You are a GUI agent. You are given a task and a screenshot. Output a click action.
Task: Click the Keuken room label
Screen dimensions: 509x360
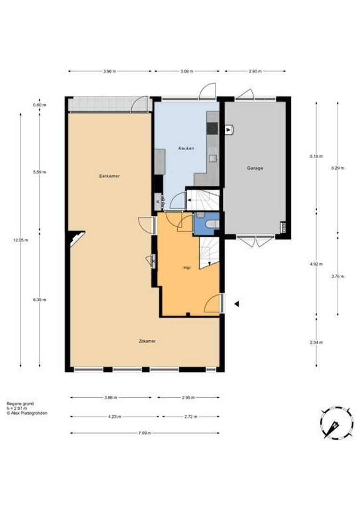[x=186, y=148]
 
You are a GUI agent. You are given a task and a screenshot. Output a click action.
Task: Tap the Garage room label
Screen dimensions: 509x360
[x=255, y=168]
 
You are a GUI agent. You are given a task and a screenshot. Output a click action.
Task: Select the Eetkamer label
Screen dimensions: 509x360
[x=109, y=176]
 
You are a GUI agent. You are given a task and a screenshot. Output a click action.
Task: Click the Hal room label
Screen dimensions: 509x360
[x=187, y=268]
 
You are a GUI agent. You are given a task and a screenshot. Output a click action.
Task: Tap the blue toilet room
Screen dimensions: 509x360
[x=206, y=223]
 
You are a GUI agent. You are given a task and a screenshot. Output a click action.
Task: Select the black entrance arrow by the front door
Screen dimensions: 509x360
[x=237, y=304]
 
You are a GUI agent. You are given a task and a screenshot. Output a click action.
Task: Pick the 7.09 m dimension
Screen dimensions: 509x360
[x=144, y=433]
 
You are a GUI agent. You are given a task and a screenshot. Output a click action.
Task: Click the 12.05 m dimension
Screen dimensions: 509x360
[x=20, y=240]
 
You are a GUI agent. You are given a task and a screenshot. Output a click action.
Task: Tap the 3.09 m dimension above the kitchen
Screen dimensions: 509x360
[x=187, y=71]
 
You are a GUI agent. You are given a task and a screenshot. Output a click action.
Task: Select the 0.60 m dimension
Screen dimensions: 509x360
[x=40, y=105]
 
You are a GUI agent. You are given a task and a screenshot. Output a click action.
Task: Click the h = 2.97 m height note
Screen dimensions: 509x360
[x=17, y=408]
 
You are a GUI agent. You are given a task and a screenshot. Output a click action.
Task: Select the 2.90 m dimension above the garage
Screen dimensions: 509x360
[x=255, y=71]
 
